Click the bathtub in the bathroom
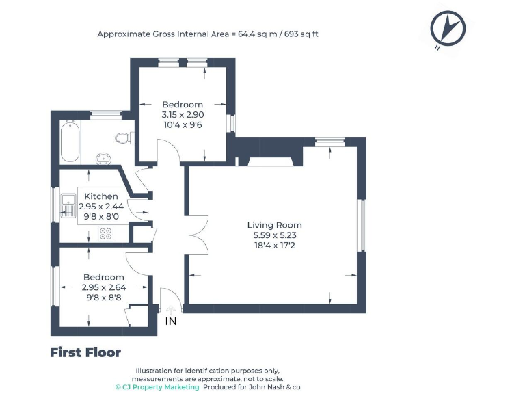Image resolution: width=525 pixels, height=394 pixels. (70, 142)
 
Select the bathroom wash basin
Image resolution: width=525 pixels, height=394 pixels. (103, 159)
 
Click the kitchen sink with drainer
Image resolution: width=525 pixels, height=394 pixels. (68, 205)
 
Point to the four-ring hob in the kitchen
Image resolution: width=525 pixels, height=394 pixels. (105, 233)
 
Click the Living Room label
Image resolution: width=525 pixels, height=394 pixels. (275, 225)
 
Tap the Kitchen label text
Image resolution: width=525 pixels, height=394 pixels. (101, 196)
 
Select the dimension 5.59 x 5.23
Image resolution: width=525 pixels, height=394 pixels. (275, 235)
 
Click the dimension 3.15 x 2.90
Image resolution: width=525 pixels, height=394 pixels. (183, 115)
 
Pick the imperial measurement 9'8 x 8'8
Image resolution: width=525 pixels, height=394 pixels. (104, 298)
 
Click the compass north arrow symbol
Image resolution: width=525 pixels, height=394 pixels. (448, 29)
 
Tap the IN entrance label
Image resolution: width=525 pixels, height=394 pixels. (171, 321)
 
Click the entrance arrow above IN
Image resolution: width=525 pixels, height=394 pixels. (171, 310)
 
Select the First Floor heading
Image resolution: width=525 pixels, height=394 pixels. (85, 353)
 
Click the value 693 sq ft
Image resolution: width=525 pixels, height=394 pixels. (301, 34)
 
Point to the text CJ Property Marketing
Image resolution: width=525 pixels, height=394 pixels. (161, 387)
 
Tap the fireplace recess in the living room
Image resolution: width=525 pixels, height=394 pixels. (270, 161)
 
